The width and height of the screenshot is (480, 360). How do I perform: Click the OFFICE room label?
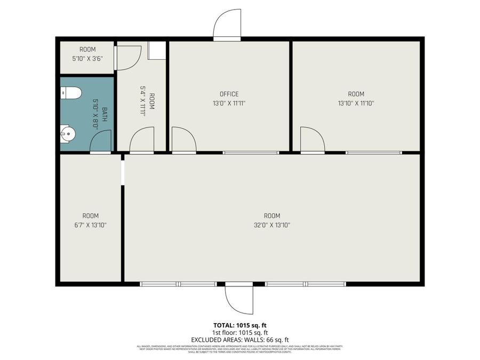click(229, 94)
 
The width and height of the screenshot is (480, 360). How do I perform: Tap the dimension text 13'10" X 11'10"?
click(356, 103)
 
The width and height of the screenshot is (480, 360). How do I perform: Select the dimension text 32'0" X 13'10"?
click(271, 225)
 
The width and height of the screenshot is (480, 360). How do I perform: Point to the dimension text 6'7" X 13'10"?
click(90, 225)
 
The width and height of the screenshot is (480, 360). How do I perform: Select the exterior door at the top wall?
click(227, 25)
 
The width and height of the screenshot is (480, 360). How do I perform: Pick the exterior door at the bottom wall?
click(238, 299)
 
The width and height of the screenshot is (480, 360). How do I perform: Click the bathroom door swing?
click(101, 141)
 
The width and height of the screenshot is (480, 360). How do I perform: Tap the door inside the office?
click(183, 140)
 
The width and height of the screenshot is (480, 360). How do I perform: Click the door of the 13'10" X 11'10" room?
click(313, 140)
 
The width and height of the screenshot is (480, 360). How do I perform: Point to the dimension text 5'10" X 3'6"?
click(87, 59)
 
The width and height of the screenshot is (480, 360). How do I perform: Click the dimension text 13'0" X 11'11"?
click(229, 103)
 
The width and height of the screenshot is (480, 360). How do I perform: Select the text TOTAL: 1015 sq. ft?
click(239, 325)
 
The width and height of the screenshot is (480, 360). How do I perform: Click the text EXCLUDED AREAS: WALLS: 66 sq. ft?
click(239, 339)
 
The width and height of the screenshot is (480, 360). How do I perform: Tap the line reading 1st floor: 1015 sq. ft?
click(239, 332)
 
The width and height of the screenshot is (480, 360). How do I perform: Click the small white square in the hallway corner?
click(157, 50)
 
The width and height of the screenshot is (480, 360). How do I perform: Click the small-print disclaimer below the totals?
click(239, 349)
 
